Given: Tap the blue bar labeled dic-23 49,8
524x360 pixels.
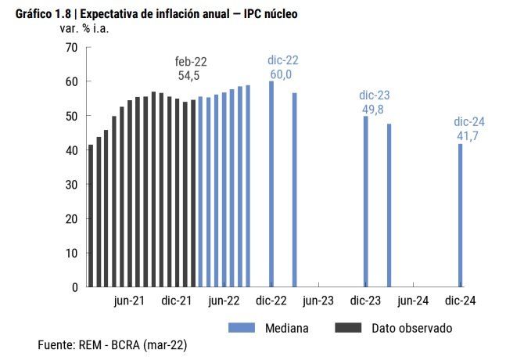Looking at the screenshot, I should (x=365, y=201).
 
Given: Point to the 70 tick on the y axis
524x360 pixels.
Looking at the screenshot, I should (x=71, y=48).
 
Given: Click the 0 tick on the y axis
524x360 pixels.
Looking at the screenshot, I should (x=74, y=287).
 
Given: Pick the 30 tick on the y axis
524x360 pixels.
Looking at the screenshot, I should (x=71, y=185).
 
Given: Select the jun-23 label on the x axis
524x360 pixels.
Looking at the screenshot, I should (x=318, y=301).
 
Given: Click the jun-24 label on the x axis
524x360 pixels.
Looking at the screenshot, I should (x=413, y=301).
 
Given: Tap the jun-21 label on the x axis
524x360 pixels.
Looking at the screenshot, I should (x=129, y=301).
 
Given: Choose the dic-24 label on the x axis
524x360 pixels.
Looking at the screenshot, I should (x=460, y=301).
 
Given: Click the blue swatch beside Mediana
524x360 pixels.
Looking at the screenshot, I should (x=242, y=328).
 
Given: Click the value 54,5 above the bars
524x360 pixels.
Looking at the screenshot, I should (x=191, y=76).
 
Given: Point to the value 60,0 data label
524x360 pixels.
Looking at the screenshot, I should (x=282, y=74).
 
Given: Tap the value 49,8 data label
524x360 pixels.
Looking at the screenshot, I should (x=372, y=110).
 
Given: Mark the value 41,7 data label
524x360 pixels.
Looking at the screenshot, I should (x=468, y=136).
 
